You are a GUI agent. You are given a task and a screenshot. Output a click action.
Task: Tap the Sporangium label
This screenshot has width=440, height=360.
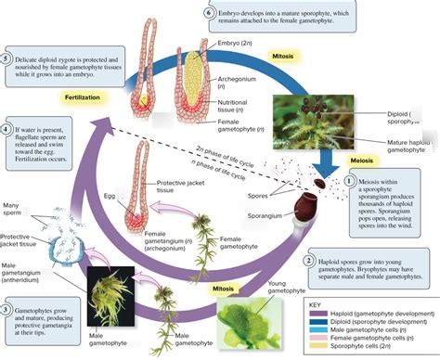pyautogui.click(x=264, y=221)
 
